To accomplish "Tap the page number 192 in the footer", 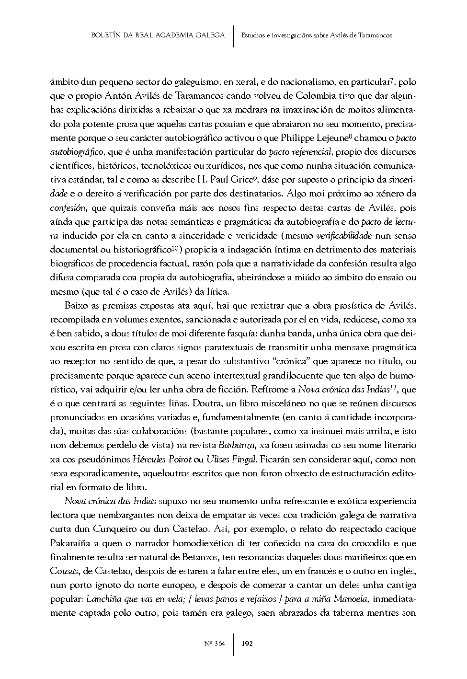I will click(x=248, y=644).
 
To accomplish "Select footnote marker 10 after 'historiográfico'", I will click(x=176, y=248).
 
